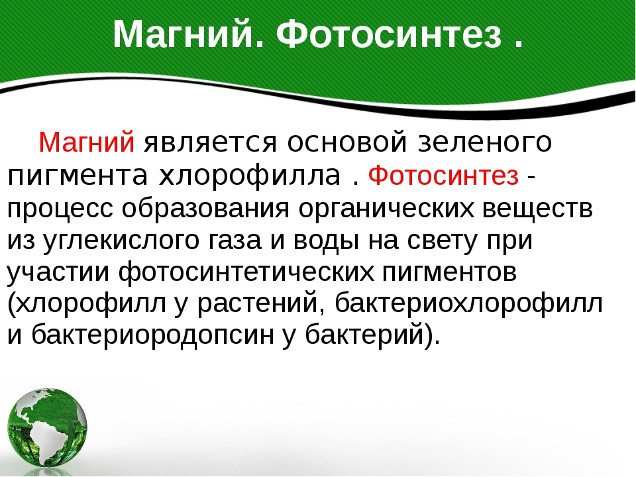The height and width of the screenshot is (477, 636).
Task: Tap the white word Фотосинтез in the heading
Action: click(389, 35)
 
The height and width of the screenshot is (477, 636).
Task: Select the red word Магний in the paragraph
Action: click(86, 142)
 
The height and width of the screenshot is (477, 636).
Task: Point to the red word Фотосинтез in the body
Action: click(443, 176)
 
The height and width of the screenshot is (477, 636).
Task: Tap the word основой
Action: click(346, 142)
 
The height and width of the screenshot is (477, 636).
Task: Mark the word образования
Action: click(205, 207)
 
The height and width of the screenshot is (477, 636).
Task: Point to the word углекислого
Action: click(121, 240)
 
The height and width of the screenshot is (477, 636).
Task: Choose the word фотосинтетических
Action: click(246, 272)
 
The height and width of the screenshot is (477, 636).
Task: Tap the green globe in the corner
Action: click(48, 429)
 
